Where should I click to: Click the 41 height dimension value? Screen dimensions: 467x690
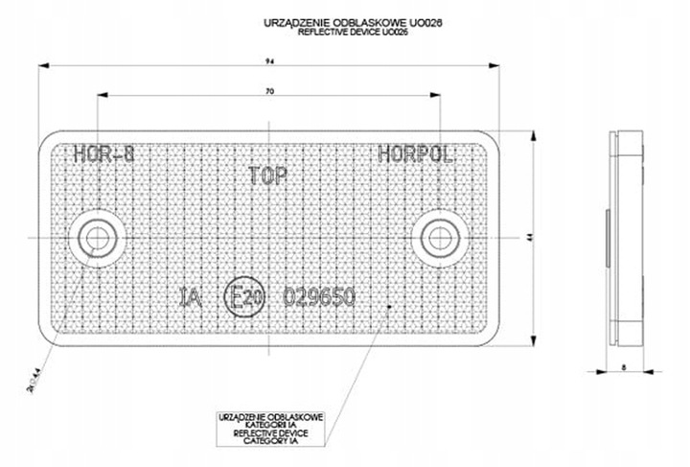click(530, 237)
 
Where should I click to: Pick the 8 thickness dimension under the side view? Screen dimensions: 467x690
click(623, 367)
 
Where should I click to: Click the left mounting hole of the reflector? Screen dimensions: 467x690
click(96, 236)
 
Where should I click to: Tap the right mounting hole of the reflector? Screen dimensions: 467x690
click(440, 236)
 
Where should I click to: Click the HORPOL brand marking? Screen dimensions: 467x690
click(414, 153)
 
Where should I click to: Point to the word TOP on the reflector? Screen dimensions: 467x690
click(269, 175)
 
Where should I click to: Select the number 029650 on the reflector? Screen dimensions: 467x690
click(320, 297)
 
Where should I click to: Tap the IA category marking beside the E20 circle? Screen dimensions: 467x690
click(192, 297)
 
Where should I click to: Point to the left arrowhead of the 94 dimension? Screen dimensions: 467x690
click(43, 65)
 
